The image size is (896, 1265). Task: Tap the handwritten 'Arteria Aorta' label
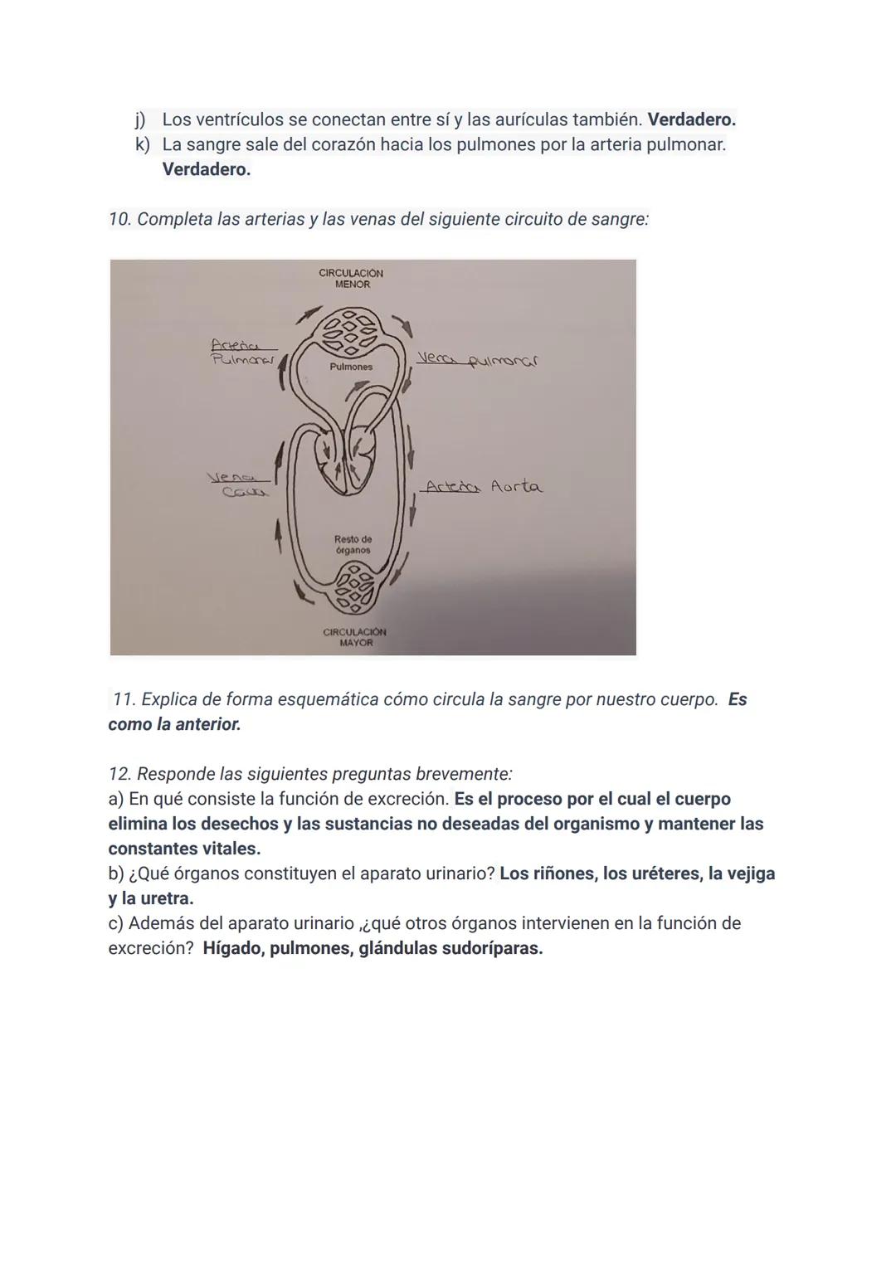pyautogui.click(x=482, y=487)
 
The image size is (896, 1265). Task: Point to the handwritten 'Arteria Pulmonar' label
pyautogui.click(x=242, y=352)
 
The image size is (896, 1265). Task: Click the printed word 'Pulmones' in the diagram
pyautogui.click(x=351, y=367)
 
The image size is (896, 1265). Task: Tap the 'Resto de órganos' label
pyautogui.click(x=353, y=544)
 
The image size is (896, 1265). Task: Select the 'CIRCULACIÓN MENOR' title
pyautogui.click(x=352, y=279)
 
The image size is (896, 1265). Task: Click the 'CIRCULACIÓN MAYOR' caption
pyautogui.click(x=355, y=637)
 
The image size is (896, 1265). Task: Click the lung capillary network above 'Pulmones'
pyautogui.click(x=349, y=331)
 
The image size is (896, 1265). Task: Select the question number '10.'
pyautogui.click(x=120, y=219)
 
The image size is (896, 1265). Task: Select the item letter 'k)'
pyautogui.click(x=144, y=144)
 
